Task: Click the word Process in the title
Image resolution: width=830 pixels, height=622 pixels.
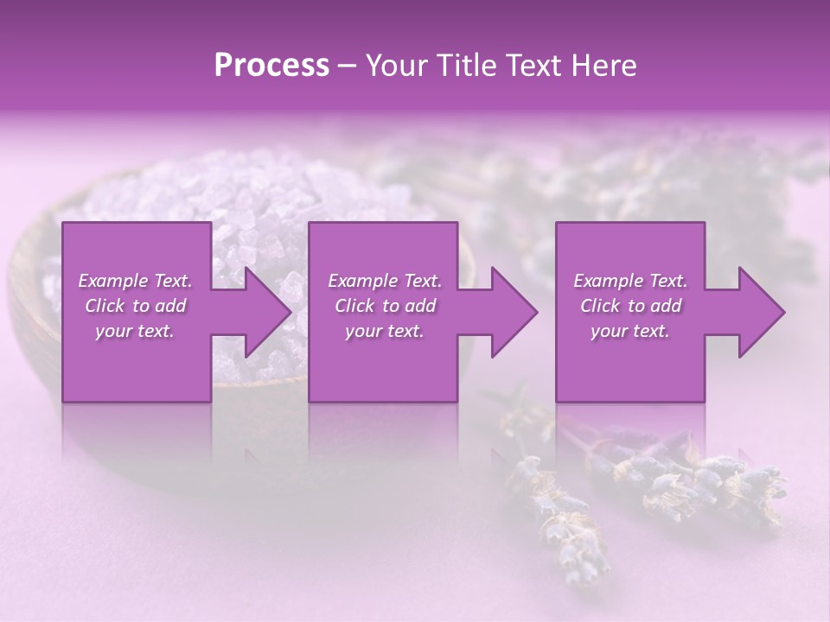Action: point(271,66)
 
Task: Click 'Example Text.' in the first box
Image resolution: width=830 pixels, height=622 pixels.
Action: point(135,281)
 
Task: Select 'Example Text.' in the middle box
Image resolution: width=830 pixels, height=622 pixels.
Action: point(385,281)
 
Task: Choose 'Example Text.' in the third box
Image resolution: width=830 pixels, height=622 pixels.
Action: point(630,281)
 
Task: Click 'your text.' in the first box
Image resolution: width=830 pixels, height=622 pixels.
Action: point(135,331)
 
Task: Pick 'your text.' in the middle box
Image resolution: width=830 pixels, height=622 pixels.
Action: point(385,331)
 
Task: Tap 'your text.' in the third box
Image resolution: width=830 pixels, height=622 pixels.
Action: point(630,331)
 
